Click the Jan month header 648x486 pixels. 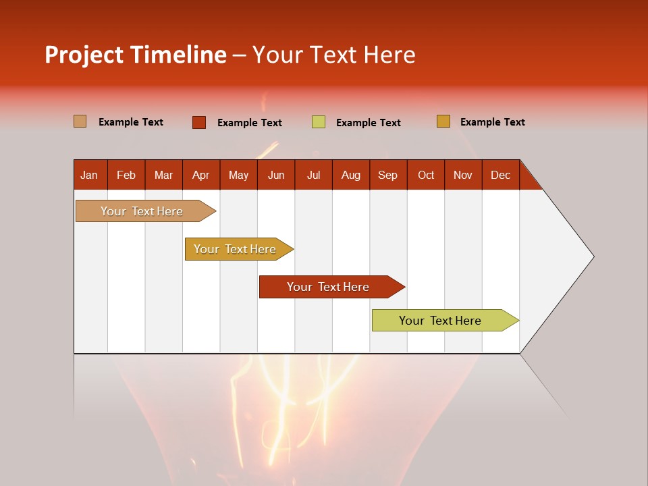coord(89,175)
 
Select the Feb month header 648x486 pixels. coord(126,175)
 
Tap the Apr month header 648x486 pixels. coord(200,175)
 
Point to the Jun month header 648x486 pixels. coord(276,175)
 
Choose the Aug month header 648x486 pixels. coord(350,175)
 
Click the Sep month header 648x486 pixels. coord(387,175)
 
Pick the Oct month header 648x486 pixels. coord(426,175)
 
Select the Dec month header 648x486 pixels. coord(500,175)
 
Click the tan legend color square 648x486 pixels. coord(80,122)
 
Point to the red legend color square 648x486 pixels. coord(198,122)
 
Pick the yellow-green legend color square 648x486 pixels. coord(318,122)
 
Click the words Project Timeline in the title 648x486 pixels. coord(136,55)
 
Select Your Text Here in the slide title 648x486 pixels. coord(333,55)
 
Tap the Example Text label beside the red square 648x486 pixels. coord(250,123)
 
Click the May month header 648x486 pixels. coord(238,175)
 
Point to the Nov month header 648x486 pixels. coord(463,175)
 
